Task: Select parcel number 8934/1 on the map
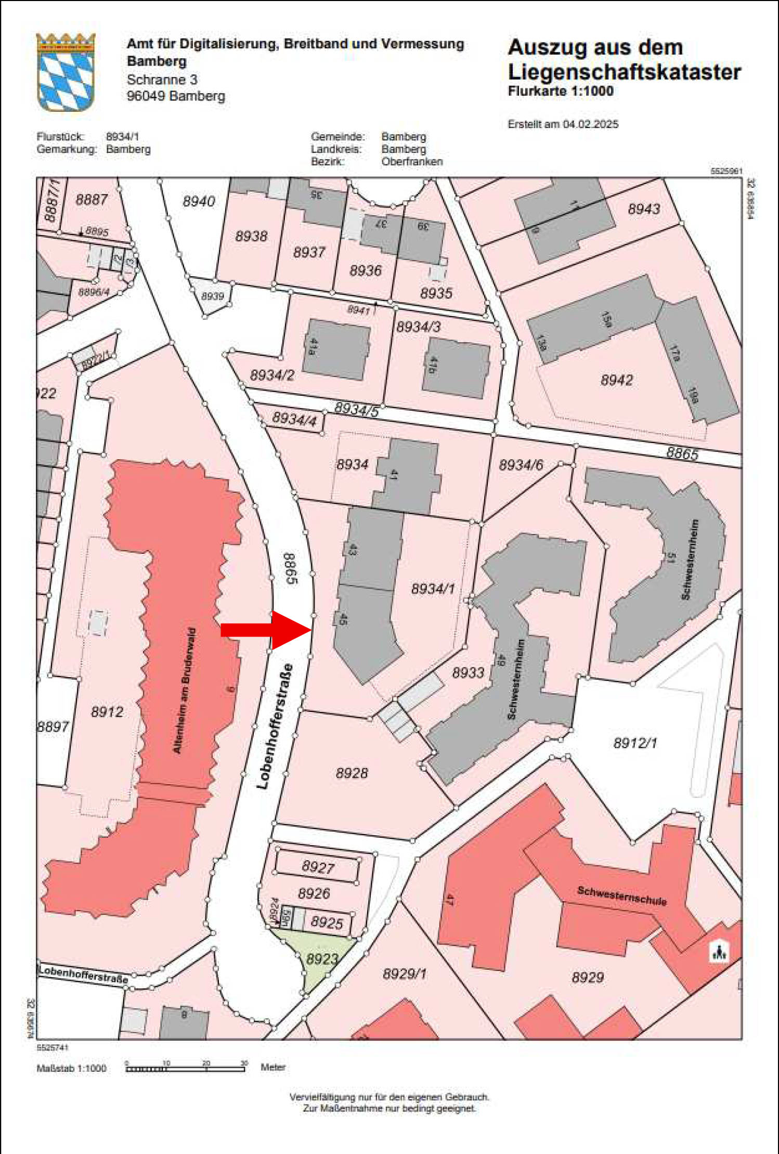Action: pos(433,589)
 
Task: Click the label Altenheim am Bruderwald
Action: pos(185,691)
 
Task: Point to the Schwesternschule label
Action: pos(621,896)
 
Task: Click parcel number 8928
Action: pos(352,773)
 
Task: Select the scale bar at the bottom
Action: pos(185,1069)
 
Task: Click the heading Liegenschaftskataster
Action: pos(624,72)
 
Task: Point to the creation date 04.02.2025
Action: pos(590,124)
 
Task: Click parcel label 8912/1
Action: pos(635,743)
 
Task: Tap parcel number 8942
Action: pos(617,380)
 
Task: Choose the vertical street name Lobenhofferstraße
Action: pos(275,727)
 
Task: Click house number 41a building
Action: pos(336,349)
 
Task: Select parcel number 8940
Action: pos(199,201)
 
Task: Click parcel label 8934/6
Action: pos(521,465)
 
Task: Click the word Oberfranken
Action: pos(412,162)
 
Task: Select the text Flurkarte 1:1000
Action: pos(561,91)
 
